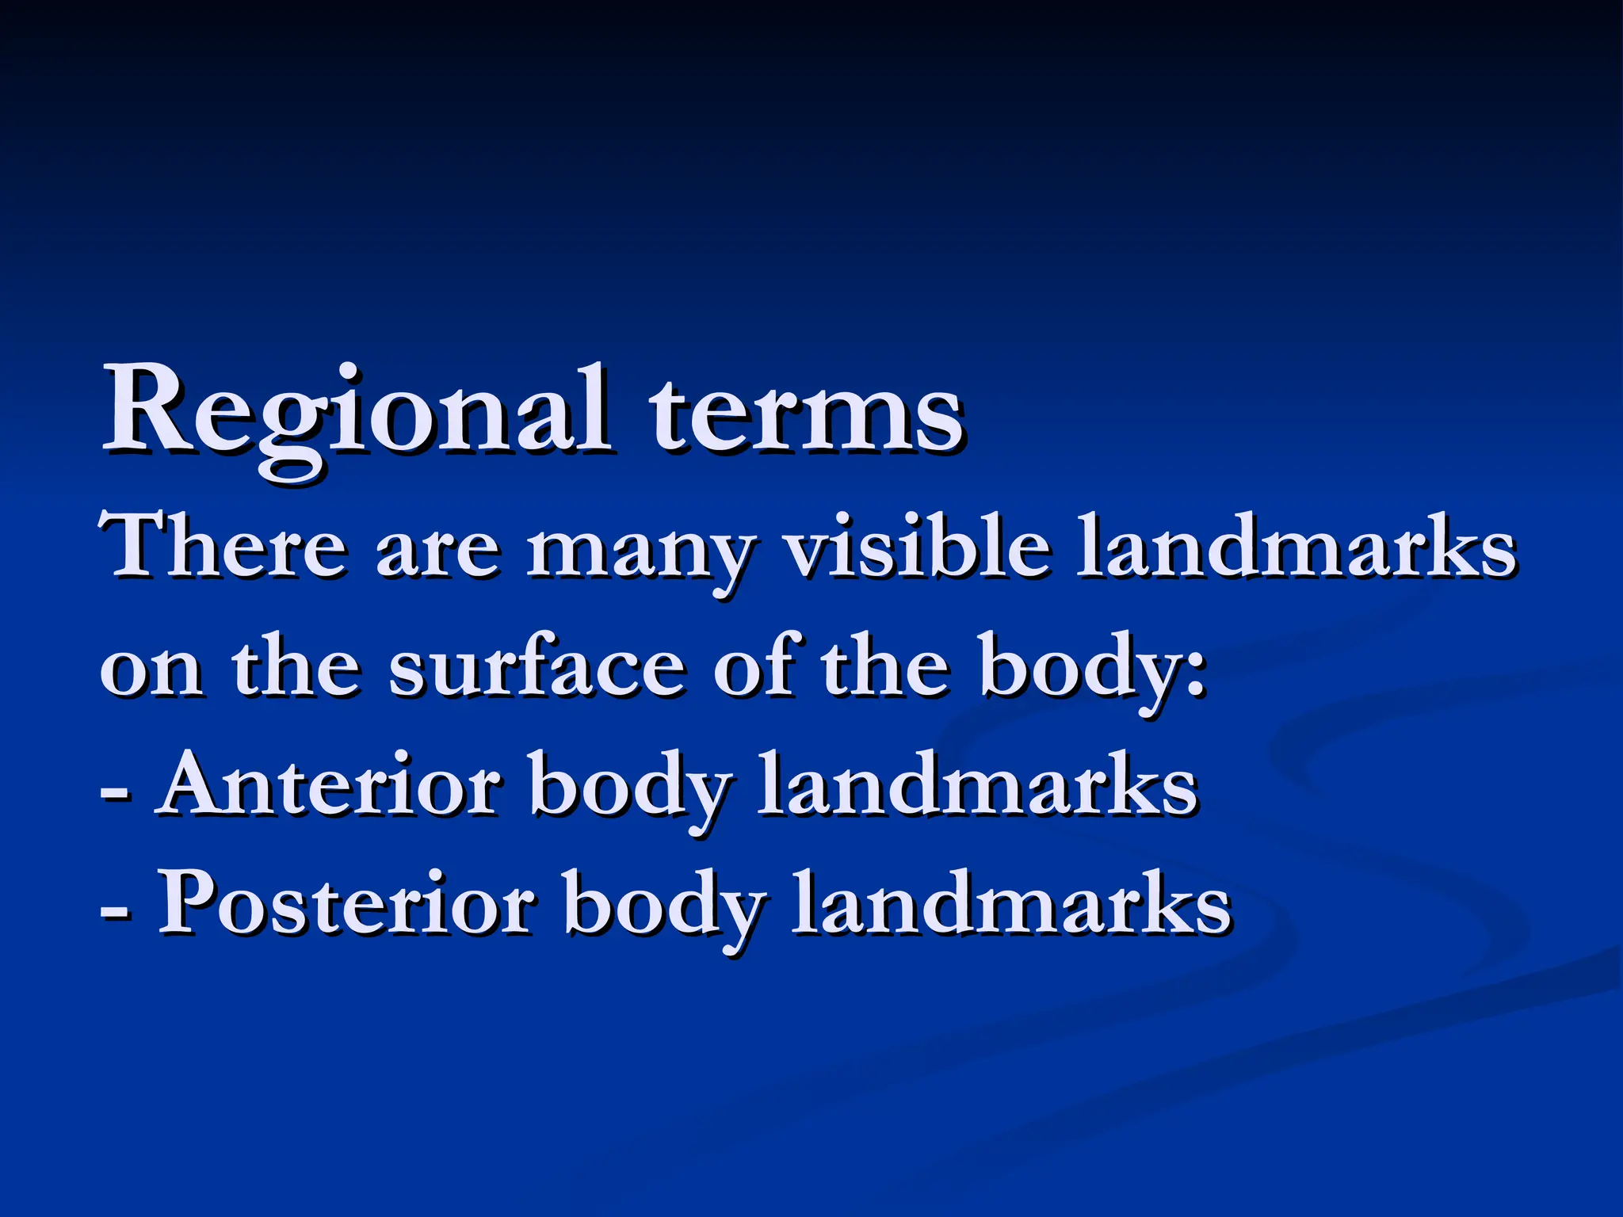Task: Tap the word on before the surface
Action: point(151,670)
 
